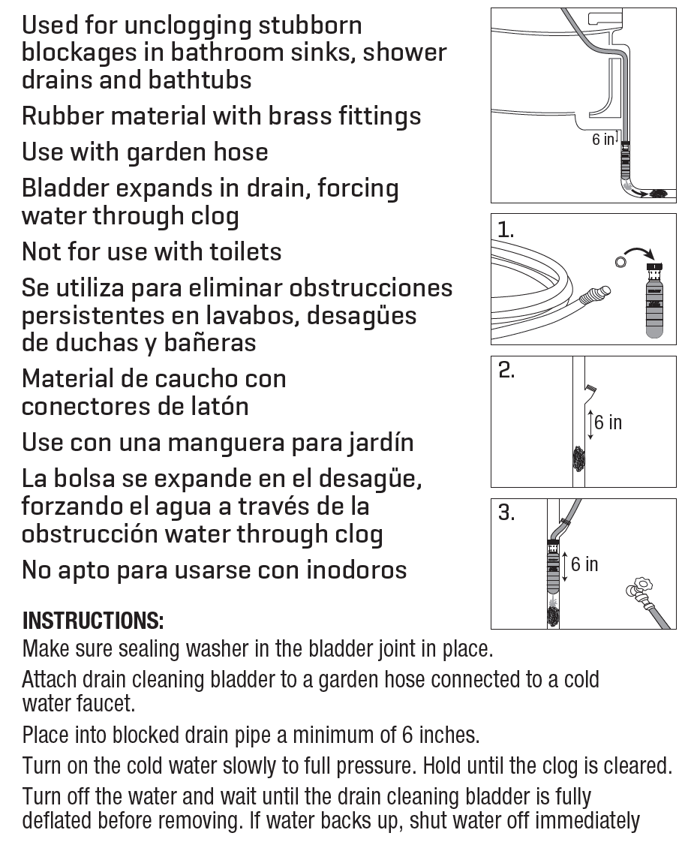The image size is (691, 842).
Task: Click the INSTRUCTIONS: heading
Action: tap(93, 621)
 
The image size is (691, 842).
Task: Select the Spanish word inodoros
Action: tap(356, 570)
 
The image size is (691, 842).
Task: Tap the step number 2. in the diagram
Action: tap(507, 371)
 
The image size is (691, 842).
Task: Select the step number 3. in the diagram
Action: tap(507, 513)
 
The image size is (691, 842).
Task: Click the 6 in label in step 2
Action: tap(608, 423)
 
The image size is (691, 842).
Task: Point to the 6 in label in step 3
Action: tap(584, 564)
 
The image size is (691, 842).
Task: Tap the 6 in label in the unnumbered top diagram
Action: tap(602, 140)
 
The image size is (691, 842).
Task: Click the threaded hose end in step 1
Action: tap(600, 292)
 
